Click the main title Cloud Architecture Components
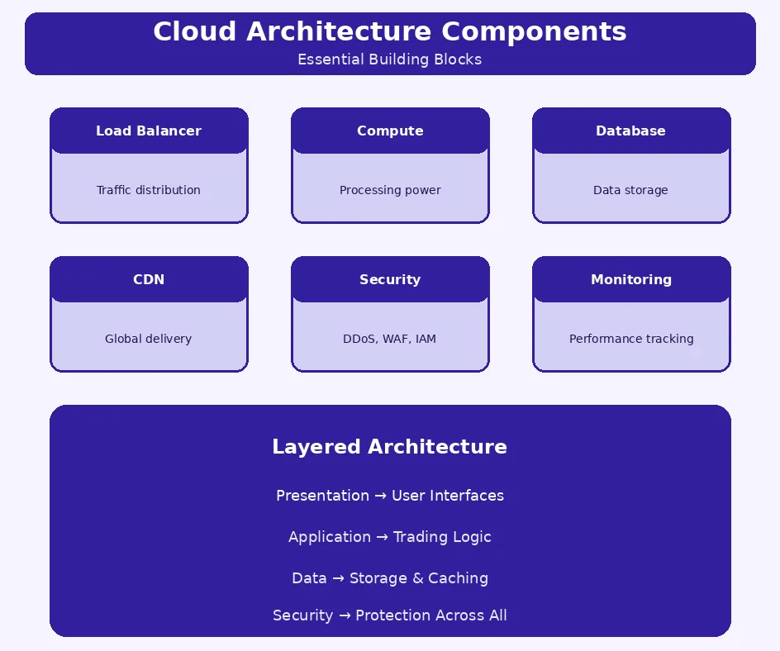(390, 31)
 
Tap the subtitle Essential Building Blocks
(390, 59)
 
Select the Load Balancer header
(149, 131)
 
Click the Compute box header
(390, 131)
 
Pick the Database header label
(630, 131)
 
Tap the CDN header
(149, 279)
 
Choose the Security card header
(390, 279)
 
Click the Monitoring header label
(631, 279)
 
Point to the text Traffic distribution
(149, 190)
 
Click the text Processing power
(390, 190)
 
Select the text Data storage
(630, 190)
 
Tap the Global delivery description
(149, 339)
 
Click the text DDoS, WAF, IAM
(390, 339)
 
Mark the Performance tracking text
(631, 339)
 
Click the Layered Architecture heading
(390, 447)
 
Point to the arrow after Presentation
(380, 496)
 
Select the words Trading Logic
(442, 537)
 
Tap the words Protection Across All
(431, 615)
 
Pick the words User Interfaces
(448, 496)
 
